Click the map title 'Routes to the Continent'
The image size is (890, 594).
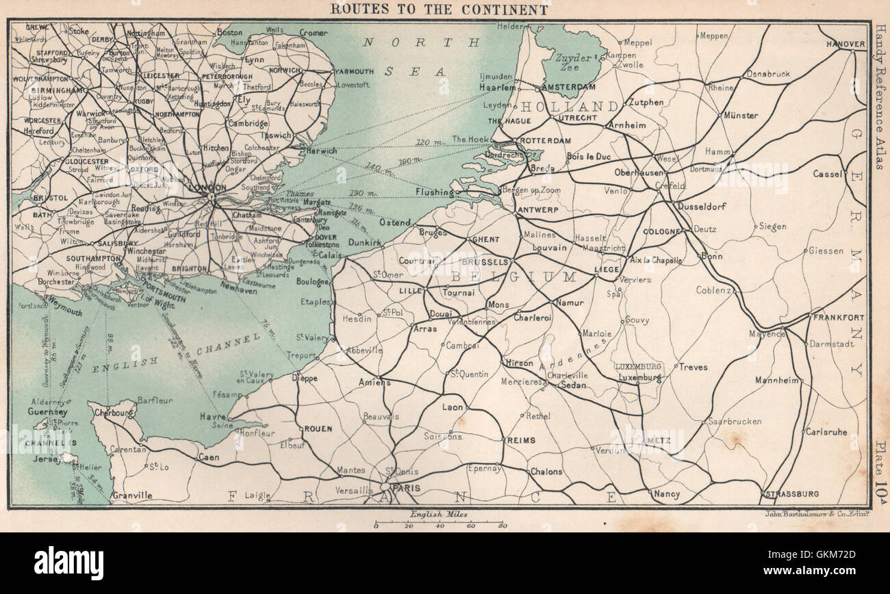439,10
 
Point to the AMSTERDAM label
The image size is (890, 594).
568,88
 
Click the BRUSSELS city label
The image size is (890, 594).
485,262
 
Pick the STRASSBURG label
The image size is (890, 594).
793,493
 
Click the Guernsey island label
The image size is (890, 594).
47,412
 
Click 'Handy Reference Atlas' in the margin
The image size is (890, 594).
880,98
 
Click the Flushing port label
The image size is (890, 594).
433,193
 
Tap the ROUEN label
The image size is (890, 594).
318,429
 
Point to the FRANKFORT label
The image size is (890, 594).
839,318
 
